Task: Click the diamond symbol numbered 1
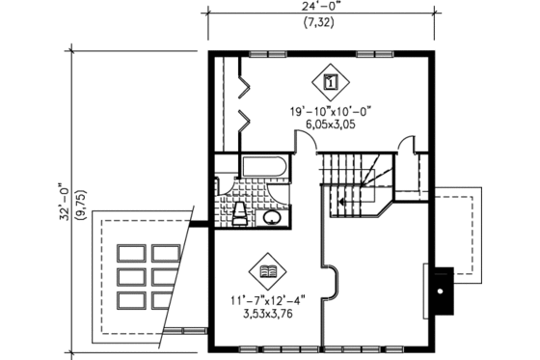[331, 82]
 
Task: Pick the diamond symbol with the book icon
[267, 270]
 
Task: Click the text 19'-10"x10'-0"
[331, 112]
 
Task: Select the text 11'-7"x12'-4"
[267, 299]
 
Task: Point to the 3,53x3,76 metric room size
[267, 313]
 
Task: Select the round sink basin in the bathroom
[273, 217]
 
